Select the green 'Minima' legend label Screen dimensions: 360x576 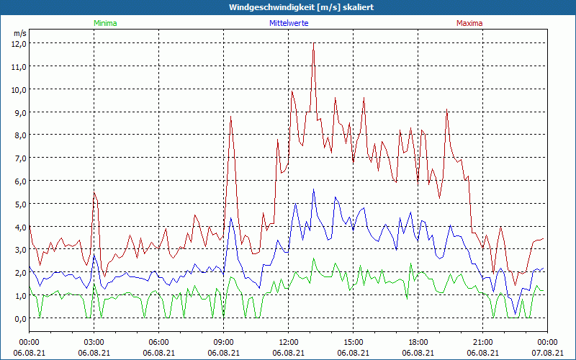(x=104, y=23)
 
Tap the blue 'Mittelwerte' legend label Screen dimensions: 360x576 (x=289, y=23)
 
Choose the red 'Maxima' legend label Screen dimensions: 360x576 (x=469, y=23)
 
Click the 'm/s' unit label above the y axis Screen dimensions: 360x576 (x=19, y=33)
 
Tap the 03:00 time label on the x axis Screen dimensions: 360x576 (x=94, y=342)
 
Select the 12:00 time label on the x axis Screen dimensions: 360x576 (x=288, y=342)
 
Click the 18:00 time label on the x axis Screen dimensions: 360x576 (x=418, y=342)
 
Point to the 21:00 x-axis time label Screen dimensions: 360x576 (x=482, y=342)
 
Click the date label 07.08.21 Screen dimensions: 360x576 (x=547, y=353)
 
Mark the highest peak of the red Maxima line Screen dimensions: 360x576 (x=314, y=45)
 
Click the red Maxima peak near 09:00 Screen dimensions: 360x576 (x=231, y=117)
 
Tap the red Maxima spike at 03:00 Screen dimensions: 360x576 (x=94, y=192)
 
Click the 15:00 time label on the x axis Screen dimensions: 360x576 (x=353, y=342)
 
